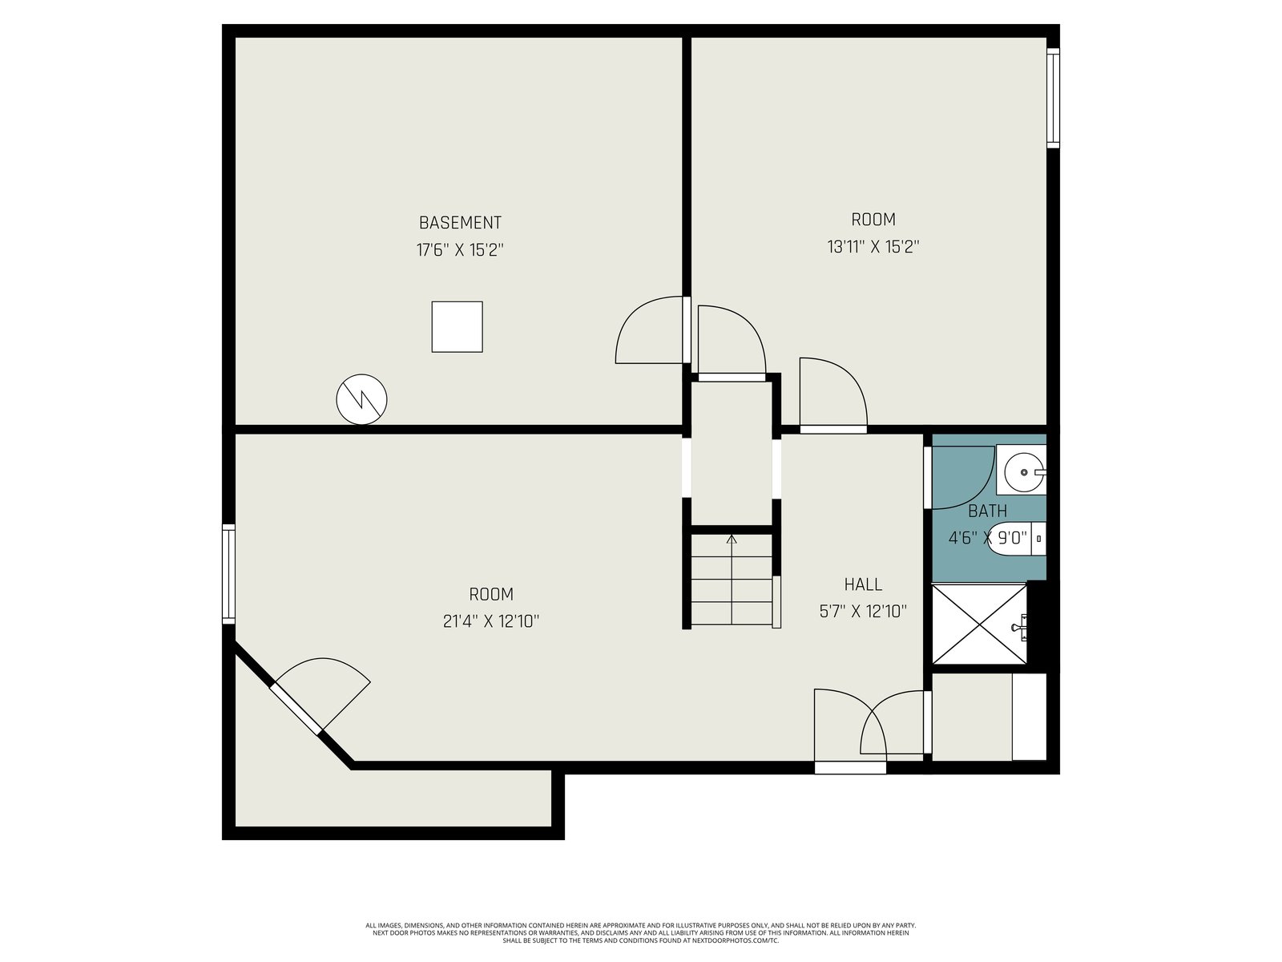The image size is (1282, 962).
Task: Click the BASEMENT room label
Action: tap(460, 223)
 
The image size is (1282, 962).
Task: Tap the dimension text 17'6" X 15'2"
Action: tap(460, 250)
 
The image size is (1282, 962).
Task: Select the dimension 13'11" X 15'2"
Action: tap(873, 247)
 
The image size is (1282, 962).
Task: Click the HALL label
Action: tap(863, 584)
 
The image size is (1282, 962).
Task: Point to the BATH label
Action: tap(988, 511)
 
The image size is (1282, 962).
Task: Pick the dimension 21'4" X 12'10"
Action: tap(490, 620)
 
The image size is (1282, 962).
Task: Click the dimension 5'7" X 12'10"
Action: tap(863, 612)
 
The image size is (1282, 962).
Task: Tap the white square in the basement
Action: tap(457, 326)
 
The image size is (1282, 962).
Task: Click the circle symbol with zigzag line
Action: tap(361, 399)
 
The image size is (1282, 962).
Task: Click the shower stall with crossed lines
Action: tap(979, 624)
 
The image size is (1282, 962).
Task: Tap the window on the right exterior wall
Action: tap(1053, 98)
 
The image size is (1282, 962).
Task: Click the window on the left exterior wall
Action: tap(228, 573)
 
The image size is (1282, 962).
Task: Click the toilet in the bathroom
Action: tap(1016, 537)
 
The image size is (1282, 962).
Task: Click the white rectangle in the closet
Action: tap(1029, 717)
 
